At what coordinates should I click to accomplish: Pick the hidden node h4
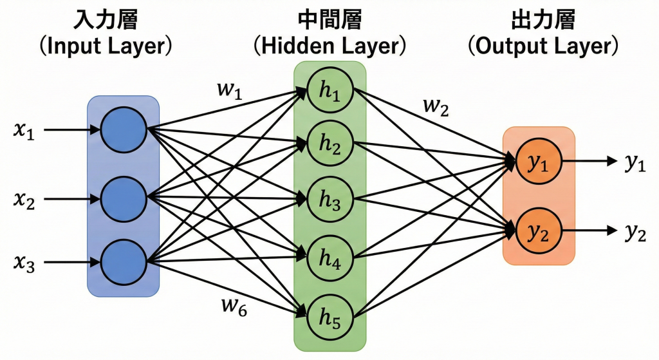[330, 258]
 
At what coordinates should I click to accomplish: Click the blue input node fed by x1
[124, 129]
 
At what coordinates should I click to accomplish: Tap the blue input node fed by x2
[124, 197]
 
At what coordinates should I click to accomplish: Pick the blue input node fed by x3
[124, 261]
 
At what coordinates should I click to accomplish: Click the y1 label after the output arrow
[635, 164]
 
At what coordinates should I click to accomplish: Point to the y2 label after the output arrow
[635, 232]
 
